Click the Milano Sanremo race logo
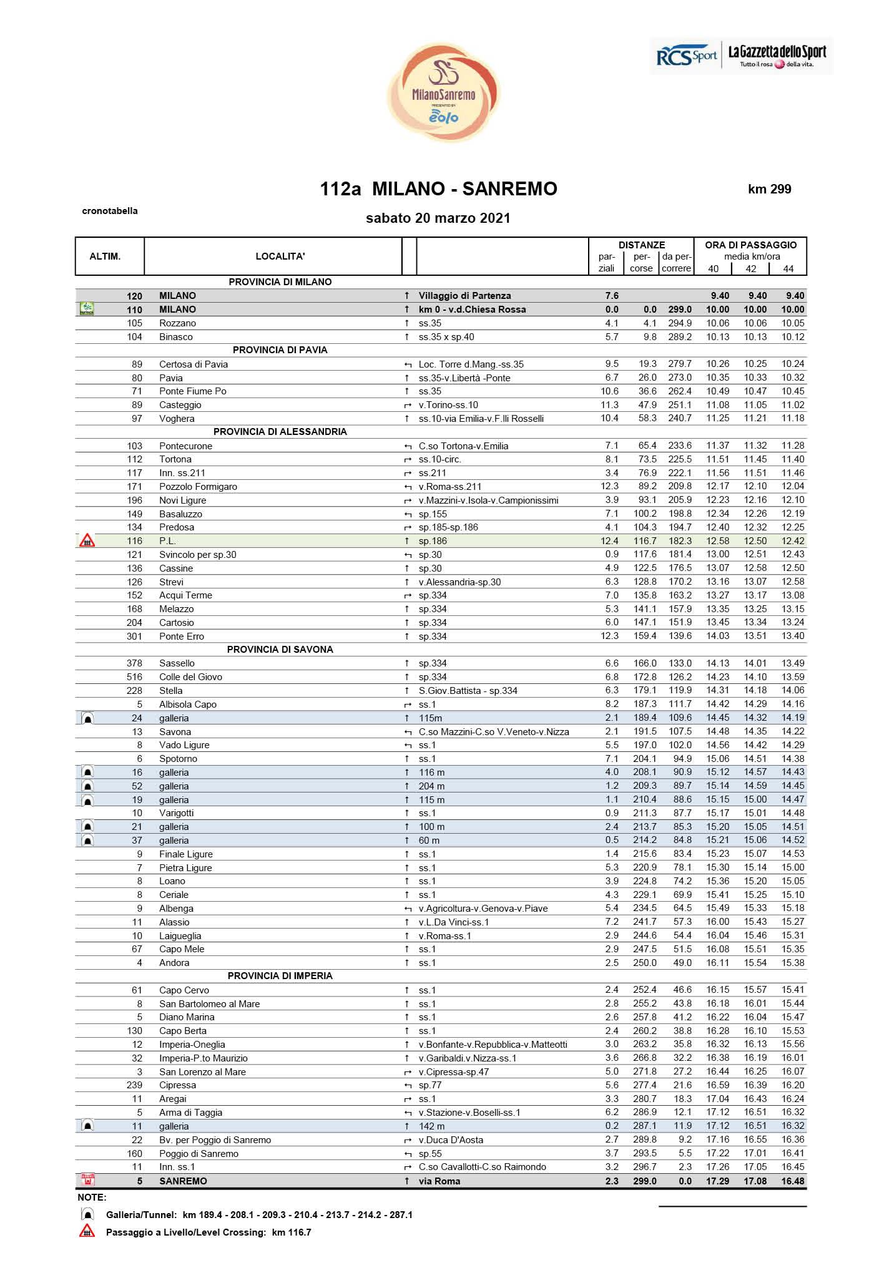pyautogui.click(x=444, y=92)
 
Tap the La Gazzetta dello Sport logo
pyautogui.click(x=777, y=56)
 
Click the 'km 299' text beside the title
pyautogui.click(x=769, y=189)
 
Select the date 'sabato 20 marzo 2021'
pyautogui.click(x=438, y=218)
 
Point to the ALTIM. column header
pyautogui.click(x=105, y=256)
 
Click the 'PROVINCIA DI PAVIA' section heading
pyautogui.click(x=280, y=350)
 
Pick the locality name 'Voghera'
pyautogui.click(x=177, y=419)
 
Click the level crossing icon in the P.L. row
pyautogui.click(x=87, y=541)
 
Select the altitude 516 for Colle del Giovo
pyautogui.click(x=134, y=677)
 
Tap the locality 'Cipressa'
pyautogui.click(x=177, y=1085)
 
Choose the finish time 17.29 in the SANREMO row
pyautogui.click(x=717, y=1181)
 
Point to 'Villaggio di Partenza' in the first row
pyautogui.click(x=464, y=296)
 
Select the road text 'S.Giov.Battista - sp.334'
pyautogui.click(x=468, y=691)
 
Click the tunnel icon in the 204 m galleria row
pyautogui.click(x=88, y=786)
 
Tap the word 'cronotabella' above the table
pyautogui.click(x=110, y=211)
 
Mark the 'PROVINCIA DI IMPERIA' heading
pyautogui.click(x=280, y=976)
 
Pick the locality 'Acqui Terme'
pyautogui.click(x=185, y=595)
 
